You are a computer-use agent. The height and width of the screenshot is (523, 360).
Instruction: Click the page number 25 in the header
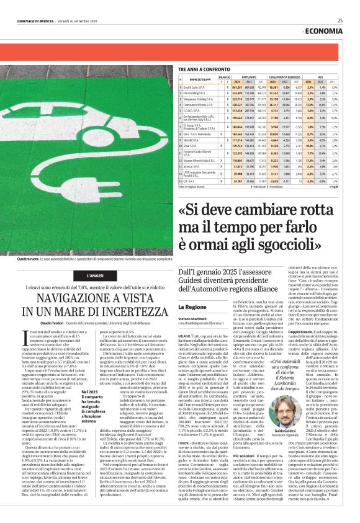[x=340, y=20]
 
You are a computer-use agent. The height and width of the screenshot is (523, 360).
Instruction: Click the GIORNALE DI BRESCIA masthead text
[x=37, y=20]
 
